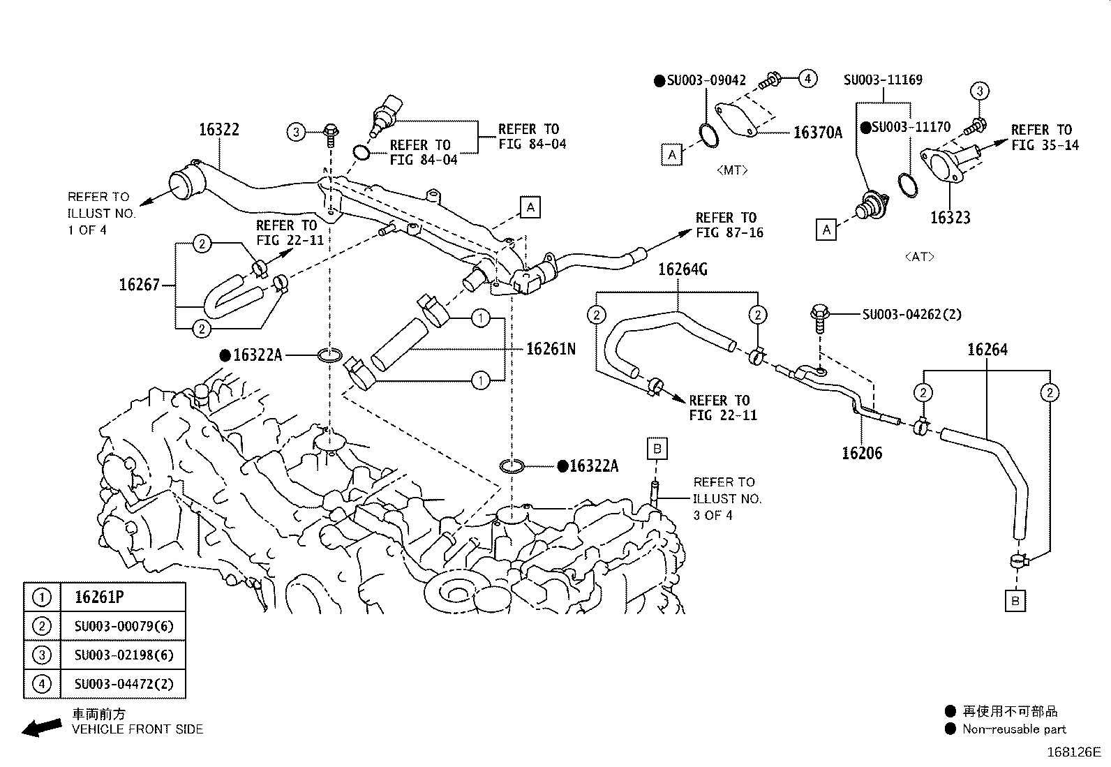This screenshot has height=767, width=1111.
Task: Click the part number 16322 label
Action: coord(218,129)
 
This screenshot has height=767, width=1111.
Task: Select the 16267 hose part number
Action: coord(139,284)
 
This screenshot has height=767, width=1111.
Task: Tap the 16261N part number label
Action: coord(551,348)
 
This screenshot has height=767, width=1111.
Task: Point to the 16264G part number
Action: coord(682,269)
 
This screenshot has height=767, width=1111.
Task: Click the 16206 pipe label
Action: coord(862,453)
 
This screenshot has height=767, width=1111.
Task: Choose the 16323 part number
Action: coord(950,218)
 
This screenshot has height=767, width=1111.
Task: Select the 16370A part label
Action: coord(817,133)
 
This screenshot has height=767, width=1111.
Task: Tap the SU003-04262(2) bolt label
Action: coord(911,314)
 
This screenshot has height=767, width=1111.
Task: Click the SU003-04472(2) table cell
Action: coord(124,684)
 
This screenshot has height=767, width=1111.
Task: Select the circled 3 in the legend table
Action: coord(42,655)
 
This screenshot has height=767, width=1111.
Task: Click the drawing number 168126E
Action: coord(1073,752)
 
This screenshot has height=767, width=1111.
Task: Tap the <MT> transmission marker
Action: coord(731,170)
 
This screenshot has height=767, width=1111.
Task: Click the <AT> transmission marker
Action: coord(919,256)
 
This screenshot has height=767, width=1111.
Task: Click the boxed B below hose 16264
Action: coord(1015,601)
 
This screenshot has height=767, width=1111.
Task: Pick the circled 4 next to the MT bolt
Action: coord(807,78)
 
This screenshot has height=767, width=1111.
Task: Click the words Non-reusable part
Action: coord(1014,729)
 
